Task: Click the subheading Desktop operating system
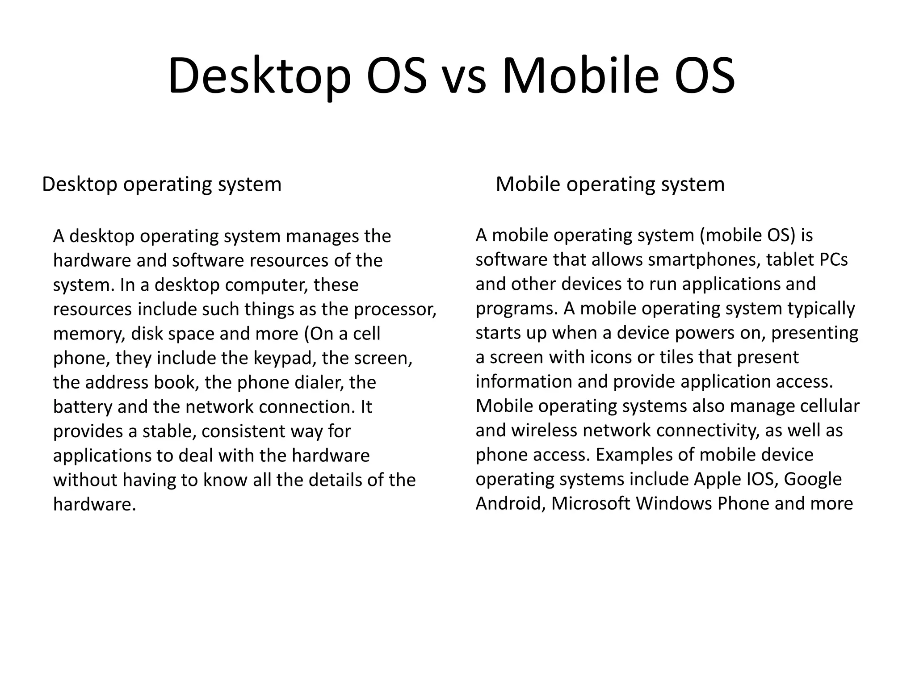pos(162,184)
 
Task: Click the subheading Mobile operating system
pos(610,184)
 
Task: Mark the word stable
pos(169,431)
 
